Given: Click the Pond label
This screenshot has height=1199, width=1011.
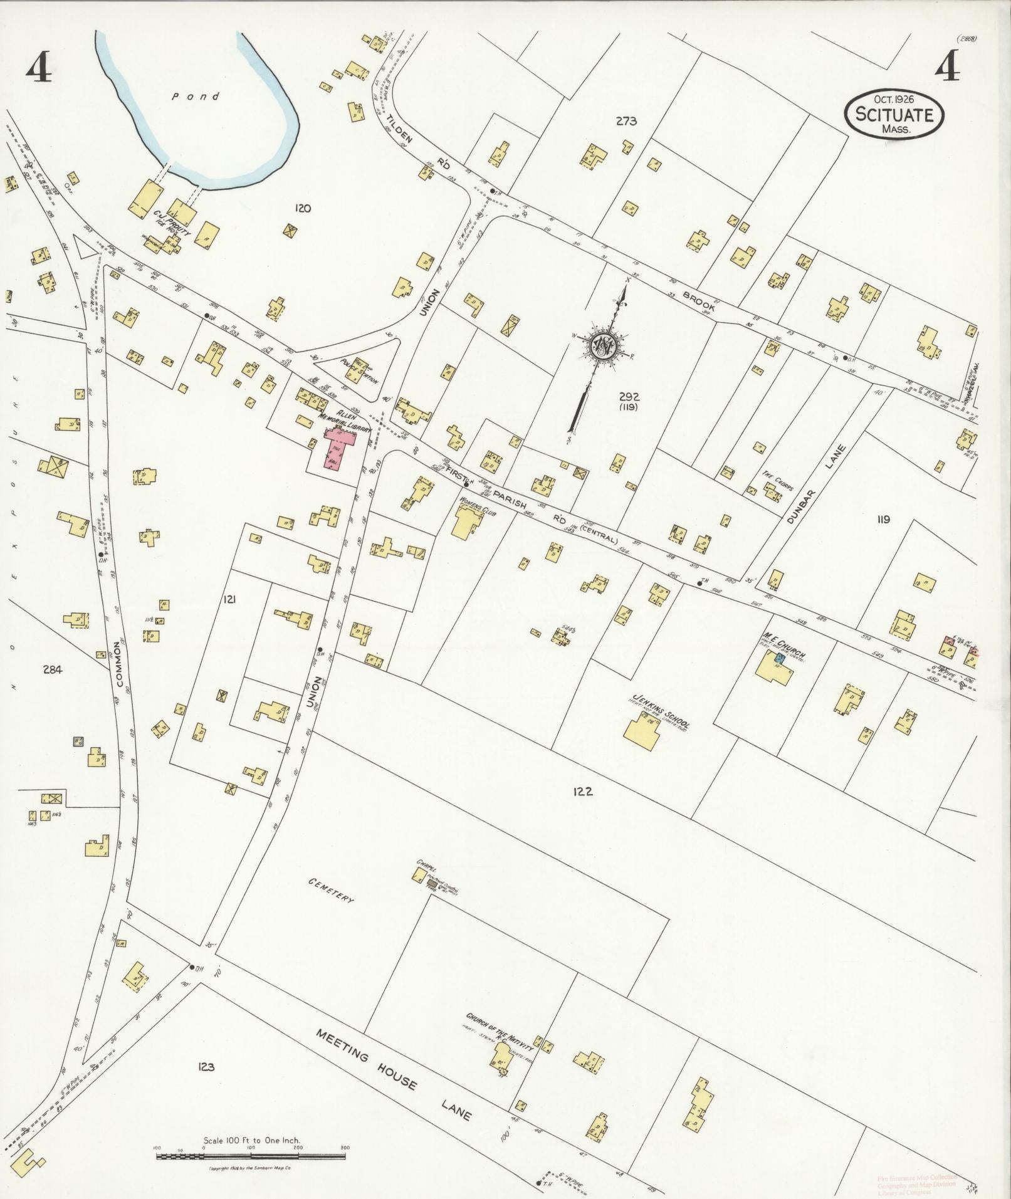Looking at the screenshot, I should pyautogui.click(x=196, y=97).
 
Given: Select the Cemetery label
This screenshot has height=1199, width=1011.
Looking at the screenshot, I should pyautogui.click(x=330, y=890).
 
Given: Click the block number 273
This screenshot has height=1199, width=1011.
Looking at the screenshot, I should pyautogui.click(x=626, y=122).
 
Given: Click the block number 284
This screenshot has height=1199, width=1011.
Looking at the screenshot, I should pyautogui.click(x=52, y=669).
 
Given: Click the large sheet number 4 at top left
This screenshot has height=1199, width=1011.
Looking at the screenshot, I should pyautogui.click(x=38, y=70).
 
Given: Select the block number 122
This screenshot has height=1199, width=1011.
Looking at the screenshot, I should pyautogui.click(x=582, y=792).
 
